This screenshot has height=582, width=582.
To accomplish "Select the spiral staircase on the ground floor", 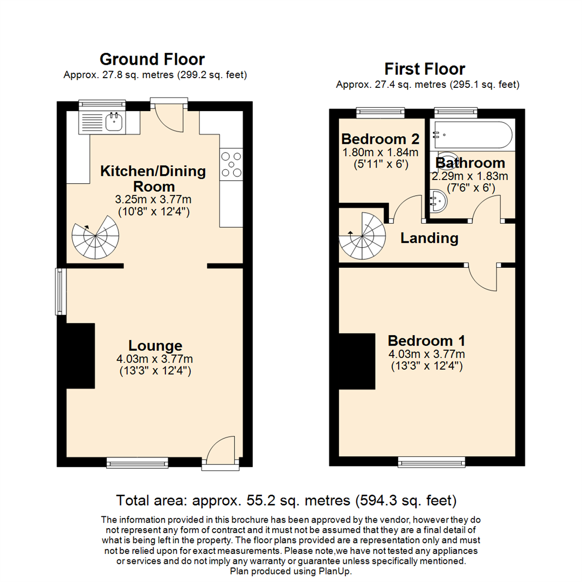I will (95, 237).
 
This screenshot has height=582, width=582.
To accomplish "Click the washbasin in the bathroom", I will (438, 202).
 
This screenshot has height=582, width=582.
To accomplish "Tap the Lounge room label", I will (155, 346).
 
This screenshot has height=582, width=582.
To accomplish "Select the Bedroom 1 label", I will (427, 341).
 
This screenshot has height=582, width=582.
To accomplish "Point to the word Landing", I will (429, 238).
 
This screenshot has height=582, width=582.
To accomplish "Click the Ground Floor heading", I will (153, 59).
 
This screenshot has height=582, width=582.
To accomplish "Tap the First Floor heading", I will (425, 69).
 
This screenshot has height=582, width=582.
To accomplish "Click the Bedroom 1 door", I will (483, 276).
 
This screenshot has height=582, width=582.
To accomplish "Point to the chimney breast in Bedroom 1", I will (356, 361).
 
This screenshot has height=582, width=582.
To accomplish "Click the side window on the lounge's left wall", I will (60, 292).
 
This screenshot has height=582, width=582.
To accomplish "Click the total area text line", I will (287, 501).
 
